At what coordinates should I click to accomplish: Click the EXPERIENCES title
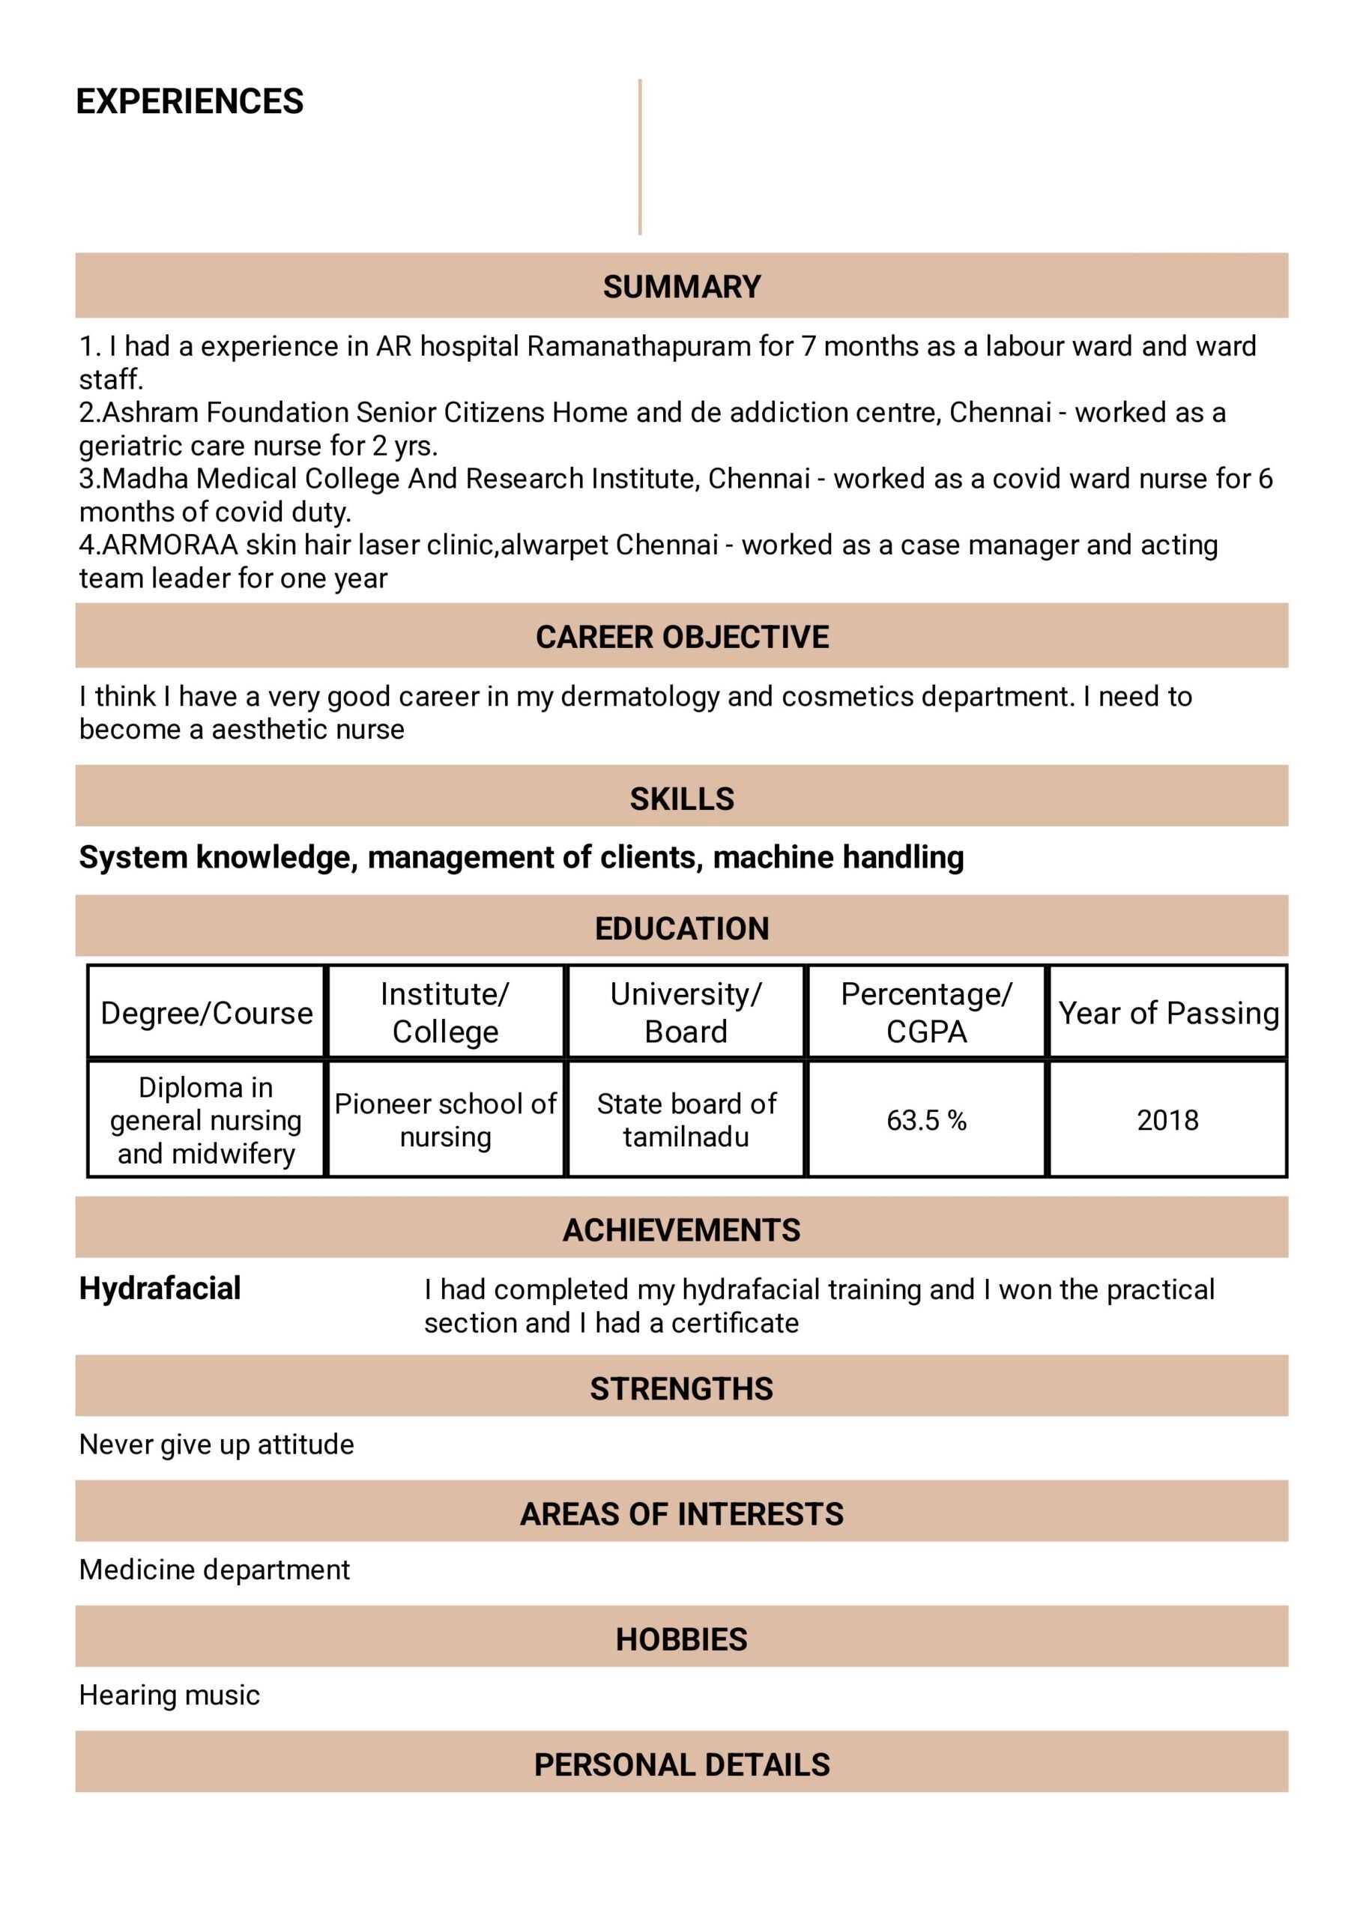(x=190, y=101)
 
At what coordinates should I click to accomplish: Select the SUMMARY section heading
(x=682, y=286)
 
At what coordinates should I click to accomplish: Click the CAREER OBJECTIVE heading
(x=682, y=637)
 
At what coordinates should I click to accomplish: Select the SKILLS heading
(x=682, y=799)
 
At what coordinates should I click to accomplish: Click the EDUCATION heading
(x=682, y=928)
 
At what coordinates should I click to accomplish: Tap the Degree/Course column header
(x=206, y=1012)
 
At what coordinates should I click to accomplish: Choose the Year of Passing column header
(x=1168, y=1012)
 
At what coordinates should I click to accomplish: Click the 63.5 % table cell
(x=926, y=1119)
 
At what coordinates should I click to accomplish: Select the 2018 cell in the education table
(x=1167, y=1119)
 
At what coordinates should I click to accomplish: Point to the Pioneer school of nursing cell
(x=445, y=1119)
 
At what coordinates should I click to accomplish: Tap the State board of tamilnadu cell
(x=686, y=1119)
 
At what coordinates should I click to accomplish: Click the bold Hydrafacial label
(x=160, y=1288)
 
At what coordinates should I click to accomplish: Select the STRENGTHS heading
(x=682, y=1388)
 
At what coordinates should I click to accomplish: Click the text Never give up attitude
(x=217, y=1444)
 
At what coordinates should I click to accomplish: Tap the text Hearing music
(x=169, y=1695)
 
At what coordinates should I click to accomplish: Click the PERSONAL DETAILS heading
(x=682, y=1764)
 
